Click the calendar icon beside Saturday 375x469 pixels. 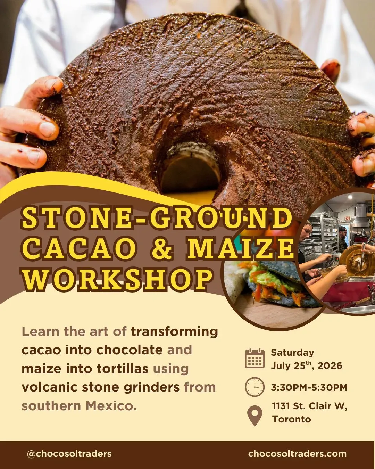(x=255, y=358)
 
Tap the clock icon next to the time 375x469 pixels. (x=255, y=387)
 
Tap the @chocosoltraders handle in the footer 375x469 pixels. (x=69, y=454)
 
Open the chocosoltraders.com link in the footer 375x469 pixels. (x=297, y=454)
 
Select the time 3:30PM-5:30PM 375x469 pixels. (x=309, y=387)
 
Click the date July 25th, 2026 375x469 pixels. (x=307, y=365)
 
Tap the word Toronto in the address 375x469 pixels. (x=292, y=419)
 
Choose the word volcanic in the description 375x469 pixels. (x=49, y=387)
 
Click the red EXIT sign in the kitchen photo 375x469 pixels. (x=348, y=218)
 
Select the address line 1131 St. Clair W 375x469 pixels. (x=310, y=406)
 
